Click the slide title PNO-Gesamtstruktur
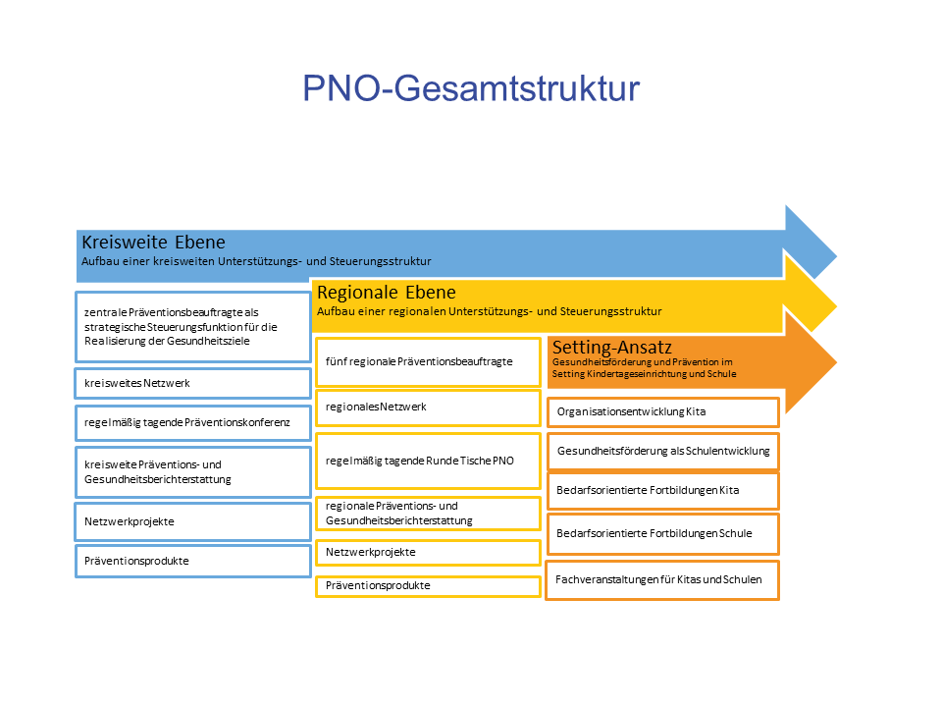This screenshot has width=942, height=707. point(471,88)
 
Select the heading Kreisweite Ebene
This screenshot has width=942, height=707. point(153,242)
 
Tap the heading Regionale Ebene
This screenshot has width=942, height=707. point(387,293)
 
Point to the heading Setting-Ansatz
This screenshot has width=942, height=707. point(611,347)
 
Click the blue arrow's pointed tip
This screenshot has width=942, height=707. point(836,256)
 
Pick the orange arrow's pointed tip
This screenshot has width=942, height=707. point(836,362)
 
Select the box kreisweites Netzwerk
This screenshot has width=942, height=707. point(193,384)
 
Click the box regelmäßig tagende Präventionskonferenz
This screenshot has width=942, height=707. point(193,422)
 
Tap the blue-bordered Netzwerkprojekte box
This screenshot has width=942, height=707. point(193,521)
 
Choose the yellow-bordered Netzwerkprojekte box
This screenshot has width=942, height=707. point(429,553)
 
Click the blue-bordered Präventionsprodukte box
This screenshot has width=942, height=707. point(193,561)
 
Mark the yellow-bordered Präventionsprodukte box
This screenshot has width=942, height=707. point(429,586)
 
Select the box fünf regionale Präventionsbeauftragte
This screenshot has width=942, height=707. point(429,362)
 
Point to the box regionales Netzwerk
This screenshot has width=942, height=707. point(429,408)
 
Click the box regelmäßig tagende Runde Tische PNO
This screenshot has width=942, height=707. point(429,462)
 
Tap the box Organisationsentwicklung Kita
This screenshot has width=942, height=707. point(663,412)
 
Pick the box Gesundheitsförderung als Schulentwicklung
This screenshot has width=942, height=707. point(663,451)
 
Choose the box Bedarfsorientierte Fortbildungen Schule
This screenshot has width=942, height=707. point(663,534)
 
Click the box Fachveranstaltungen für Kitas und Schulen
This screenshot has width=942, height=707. point(662,580)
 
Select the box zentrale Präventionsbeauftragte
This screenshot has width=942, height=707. point(193,327)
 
